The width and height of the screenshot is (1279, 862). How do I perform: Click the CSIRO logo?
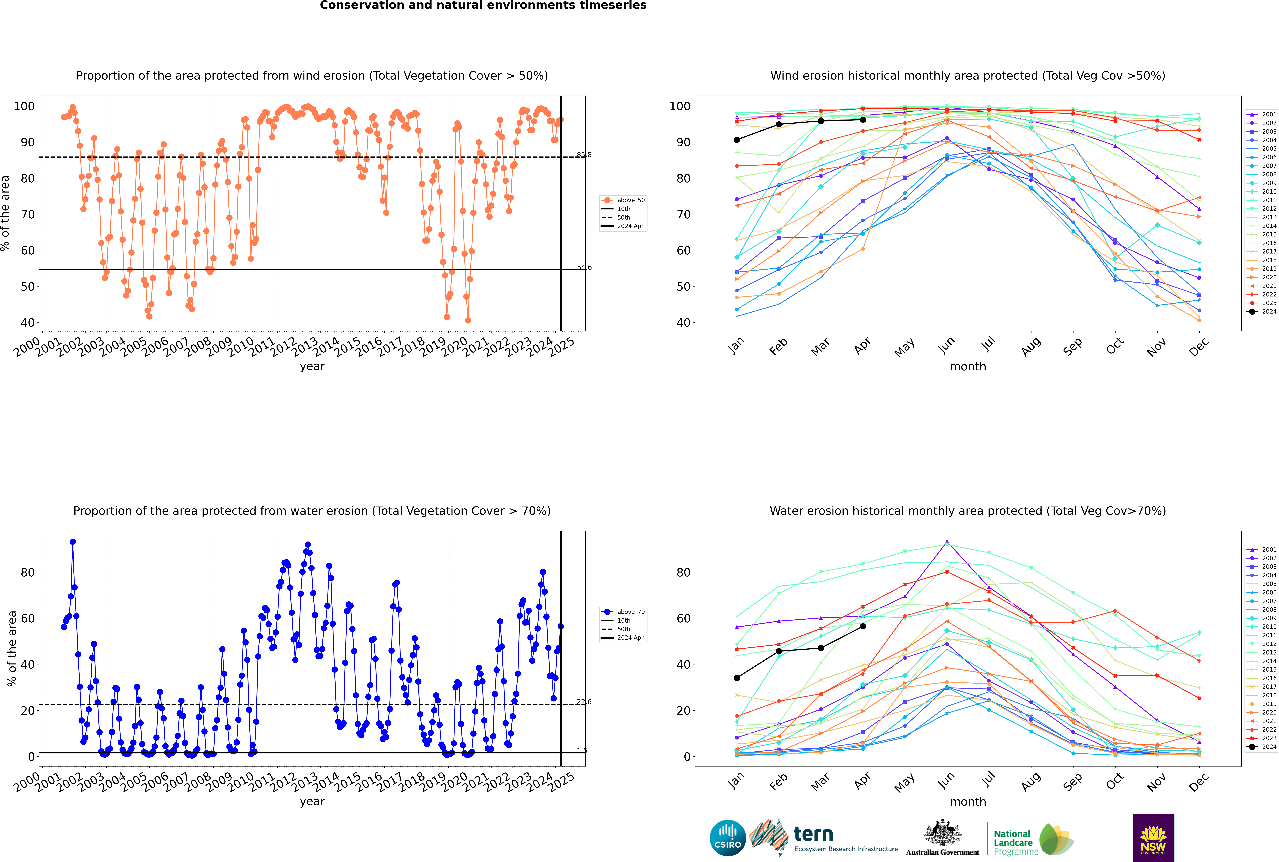tap(727, 838)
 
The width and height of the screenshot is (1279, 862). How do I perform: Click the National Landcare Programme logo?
tap(1033, 839)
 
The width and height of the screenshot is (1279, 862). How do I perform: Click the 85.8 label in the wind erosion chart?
tap(584, 155)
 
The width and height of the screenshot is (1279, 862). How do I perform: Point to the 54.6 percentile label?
tap(584, 268)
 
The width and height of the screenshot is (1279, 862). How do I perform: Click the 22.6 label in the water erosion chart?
tap(584, 702)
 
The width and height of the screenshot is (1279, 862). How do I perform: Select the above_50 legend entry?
tap(624, 200)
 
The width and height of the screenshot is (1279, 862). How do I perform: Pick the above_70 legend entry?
tap(624, 612)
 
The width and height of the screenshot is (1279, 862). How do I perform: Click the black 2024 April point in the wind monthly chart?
tap(863, 120)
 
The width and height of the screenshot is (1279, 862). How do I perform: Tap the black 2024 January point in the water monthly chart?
tap(737, 678)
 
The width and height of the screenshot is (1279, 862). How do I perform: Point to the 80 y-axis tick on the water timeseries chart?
tap(27, 572)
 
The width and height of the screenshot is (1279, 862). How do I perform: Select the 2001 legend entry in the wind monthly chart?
tap(1262, 114)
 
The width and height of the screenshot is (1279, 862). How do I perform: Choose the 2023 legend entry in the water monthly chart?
tap(1262, 738)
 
